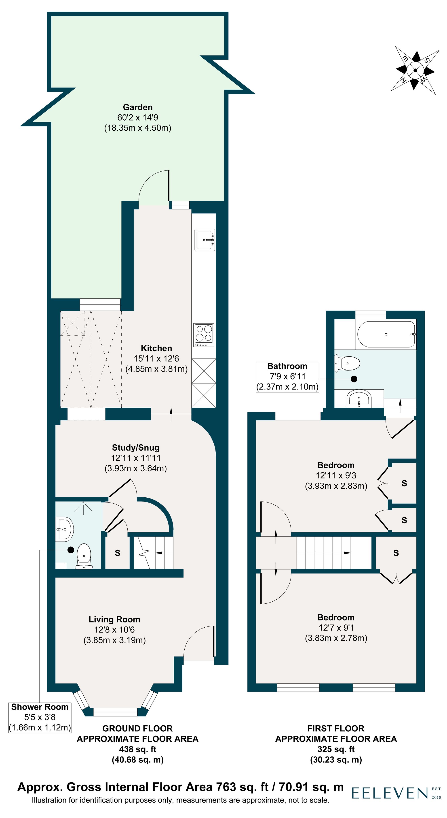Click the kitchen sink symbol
[205, 240]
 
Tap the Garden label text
[138, 107]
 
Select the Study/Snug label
[135, 448]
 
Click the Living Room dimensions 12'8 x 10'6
[114, 630]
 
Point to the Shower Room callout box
[40, 718]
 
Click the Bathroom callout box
[287, 377]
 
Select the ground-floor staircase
[154, 553]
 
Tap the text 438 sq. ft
[138, 749]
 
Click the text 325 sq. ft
[336, 749]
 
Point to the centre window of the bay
[116, 712]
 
